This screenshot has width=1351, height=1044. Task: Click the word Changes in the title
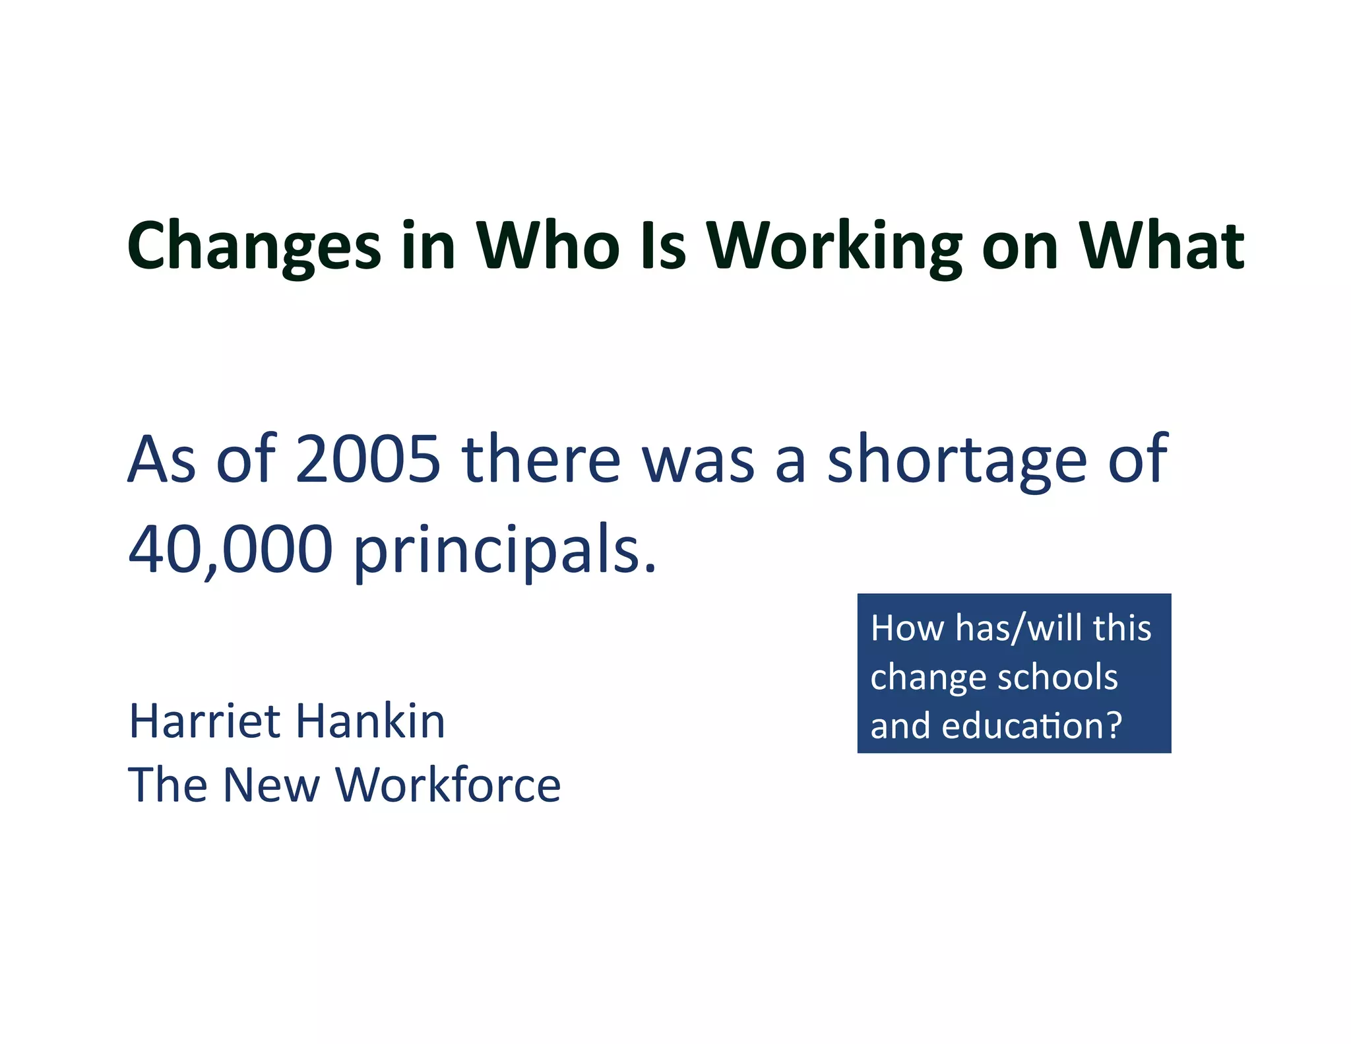point(254,245)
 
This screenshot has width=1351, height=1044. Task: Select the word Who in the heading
point(548,245)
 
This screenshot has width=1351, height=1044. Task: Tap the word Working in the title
point(834,245)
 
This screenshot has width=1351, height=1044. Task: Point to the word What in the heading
point(1161,245)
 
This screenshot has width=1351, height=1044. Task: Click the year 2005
point(367,459)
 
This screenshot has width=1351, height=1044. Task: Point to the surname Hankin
point(371,721)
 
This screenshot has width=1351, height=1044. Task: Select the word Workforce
point(448,785)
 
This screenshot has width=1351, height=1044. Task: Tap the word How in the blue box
point(907,628)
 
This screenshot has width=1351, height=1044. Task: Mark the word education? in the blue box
point(1032,726)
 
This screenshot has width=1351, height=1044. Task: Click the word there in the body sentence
point(541,459)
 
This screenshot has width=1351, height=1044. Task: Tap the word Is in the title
point(663,245)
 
